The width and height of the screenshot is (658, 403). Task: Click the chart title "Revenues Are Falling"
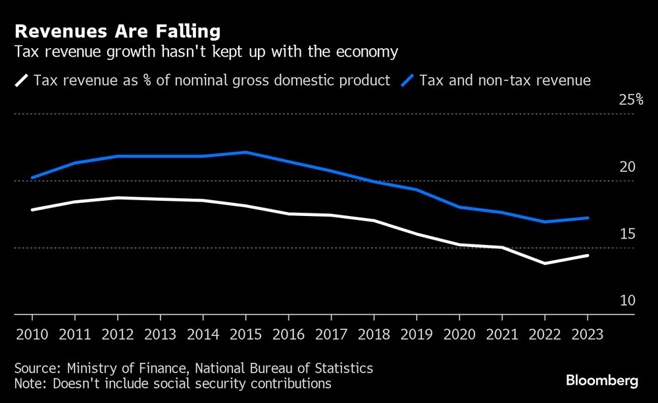pyautogui.click(x=117, y=31)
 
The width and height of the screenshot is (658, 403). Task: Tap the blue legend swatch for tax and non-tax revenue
pyautogui.click(x=407, y=81)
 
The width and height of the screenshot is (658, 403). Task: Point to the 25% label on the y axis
pyautogui.click(x=630, y=100)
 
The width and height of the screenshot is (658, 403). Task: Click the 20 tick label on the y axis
pyautogui.click(x=628, y=167)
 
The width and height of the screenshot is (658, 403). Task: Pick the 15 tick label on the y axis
pyautogui.click(x=628, y=234)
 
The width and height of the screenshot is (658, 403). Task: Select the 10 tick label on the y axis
pyautogui.click(x=628, y=301)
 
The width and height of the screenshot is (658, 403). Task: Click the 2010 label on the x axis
pyautogui.click(x=32, y=333)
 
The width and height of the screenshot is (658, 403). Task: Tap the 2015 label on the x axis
pyautogui.click(x=245, y=333)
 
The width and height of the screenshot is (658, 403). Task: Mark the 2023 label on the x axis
pyautogui.click(x=588, y=333)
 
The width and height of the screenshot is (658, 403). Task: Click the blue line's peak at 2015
pyautogui.click(x=245, y=152)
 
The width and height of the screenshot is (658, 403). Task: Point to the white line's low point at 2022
pyautogui.click(x=545, y=263)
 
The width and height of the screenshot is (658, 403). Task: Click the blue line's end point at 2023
pyautogui.click(x=588, y=218)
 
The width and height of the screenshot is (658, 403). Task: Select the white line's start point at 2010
pyautogui.click(x=32, y=210)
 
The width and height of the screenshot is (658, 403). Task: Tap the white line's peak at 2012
pyautogui.click(x=117, y=198)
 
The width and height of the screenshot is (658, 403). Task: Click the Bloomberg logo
pyautogui.click(x=602, y=381)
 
